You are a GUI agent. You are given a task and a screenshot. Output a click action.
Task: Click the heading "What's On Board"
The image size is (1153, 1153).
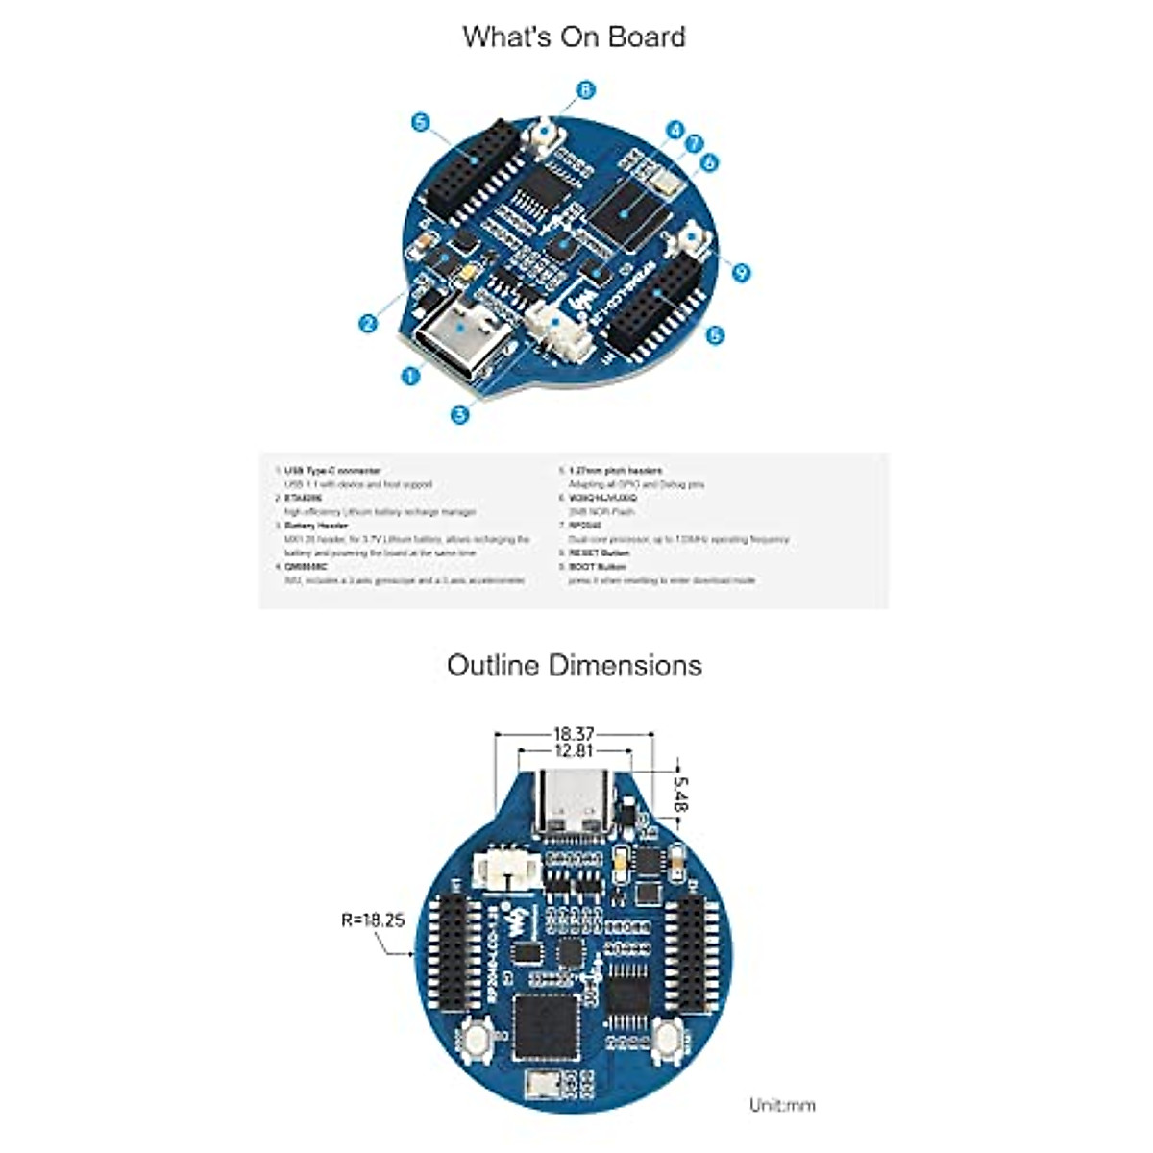(574, 37)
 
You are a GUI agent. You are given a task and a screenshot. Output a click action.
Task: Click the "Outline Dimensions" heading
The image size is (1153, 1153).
(574, 665)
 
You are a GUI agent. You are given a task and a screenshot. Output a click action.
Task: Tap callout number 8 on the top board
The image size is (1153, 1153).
(585, 90)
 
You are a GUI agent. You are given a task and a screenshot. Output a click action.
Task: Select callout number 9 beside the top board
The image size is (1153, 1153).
(740, 272)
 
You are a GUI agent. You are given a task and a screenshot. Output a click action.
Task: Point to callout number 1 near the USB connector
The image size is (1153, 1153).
(411, 376)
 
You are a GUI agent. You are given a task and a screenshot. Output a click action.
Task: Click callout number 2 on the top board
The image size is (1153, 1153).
(368, 324)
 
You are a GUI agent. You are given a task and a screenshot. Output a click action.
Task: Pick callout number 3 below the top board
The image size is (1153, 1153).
(460, 415)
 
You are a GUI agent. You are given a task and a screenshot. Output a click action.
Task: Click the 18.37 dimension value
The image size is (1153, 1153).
(574, 735)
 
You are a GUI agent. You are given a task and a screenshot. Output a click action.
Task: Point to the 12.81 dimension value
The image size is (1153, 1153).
(574, 752)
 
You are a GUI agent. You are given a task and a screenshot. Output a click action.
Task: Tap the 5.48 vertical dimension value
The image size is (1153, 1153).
(681, 794)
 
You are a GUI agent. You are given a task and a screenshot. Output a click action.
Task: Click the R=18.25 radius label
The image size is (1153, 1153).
(373, 920)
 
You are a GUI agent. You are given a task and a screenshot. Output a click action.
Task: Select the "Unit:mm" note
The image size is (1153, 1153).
(782, 1105)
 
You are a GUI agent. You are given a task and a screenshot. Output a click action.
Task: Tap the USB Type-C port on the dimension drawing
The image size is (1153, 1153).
(574, 801)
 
